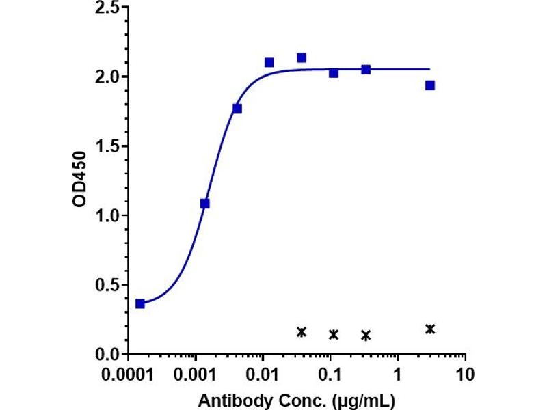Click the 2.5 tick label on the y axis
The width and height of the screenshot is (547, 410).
click(107, 8)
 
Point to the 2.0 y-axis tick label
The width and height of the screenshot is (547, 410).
click(107, 77)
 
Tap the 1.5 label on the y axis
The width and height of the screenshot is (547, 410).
click(107, 146)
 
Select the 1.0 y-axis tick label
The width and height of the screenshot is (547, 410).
click(107, 215)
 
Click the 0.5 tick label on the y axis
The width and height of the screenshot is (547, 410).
click(107, 285)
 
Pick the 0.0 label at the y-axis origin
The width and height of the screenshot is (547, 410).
click(107, 354)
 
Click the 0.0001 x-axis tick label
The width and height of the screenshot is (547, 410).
click(128, 374)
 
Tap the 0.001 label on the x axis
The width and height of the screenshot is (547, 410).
click(196, 374)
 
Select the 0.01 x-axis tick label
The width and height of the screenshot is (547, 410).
click(263, 374)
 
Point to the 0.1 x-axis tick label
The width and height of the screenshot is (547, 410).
click(330, 374)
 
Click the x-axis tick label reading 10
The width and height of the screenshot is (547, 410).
click(465, 374)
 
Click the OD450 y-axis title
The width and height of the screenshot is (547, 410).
click(79, 179)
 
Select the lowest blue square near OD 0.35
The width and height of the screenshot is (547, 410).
click(140, 303)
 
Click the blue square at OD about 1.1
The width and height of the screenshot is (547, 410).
click(204, 203)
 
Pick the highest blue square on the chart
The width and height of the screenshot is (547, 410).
click(302, 57)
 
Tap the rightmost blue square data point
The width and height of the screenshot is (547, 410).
click(430, 85)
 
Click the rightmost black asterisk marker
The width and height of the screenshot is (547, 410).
click(430, 329)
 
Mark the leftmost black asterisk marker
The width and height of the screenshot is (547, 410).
click(302, 332)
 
